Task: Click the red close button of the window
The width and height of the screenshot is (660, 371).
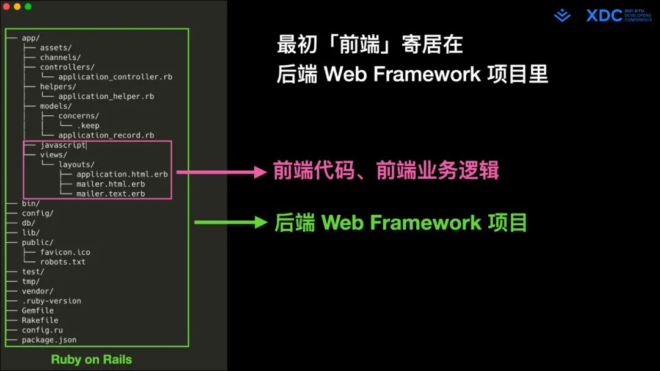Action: point(7,6)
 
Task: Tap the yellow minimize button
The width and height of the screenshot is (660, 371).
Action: point(17,6)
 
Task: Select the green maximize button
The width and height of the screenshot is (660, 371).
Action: point(28,6)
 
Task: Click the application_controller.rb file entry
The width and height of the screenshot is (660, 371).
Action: point(115,77)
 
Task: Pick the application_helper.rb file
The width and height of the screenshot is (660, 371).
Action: point(106,96)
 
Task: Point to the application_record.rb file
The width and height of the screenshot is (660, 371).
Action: point(106,135)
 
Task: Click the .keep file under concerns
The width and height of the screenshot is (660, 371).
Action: point(88,126)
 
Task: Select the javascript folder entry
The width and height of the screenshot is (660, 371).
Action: point(63,145)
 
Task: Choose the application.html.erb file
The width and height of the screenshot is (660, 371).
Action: point(122,175)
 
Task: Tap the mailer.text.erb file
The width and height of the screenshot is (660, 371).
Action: point(111,194)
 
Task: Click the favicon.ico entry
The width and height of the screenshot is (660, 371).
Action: point(65,252)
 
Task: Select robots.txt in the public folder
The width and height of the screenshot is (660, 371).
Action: point(63,262)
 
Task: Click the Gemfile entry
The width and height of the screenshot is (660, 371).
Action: point(38,311)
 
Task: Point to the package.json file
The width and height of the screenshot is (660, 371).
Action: point(49,340)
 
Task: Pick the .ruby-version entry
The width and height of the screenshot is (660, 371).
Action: point(51,301)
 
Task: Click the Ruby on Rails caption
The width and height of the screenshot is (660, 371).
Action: point(92,359)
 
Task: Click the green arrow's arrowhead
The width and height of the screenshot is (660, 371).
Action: point(261,223)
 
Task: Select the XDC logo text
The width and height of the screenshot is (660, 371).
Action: point(604,16)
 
